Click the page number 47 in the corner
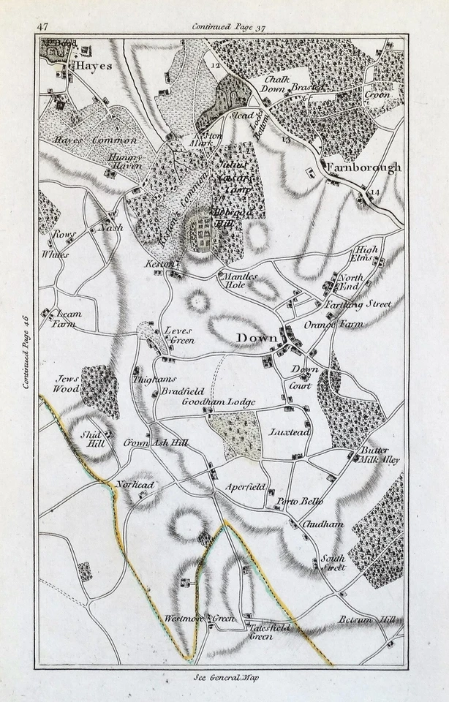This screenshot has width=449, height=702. tap(42, 27)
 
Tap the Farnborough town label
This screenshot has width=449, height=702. tap(363, 167)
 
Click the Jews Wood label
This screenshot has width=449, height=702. tap(66, 385)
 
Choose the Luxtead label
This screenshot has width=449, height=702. tap(291, 432)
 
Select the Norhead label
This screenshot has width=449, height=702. tap(133, 485)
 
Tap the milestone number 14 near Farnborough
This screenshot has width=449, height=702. tap(375, 192)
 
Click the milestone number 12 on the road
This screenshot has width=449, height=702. tap(214, 67)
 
